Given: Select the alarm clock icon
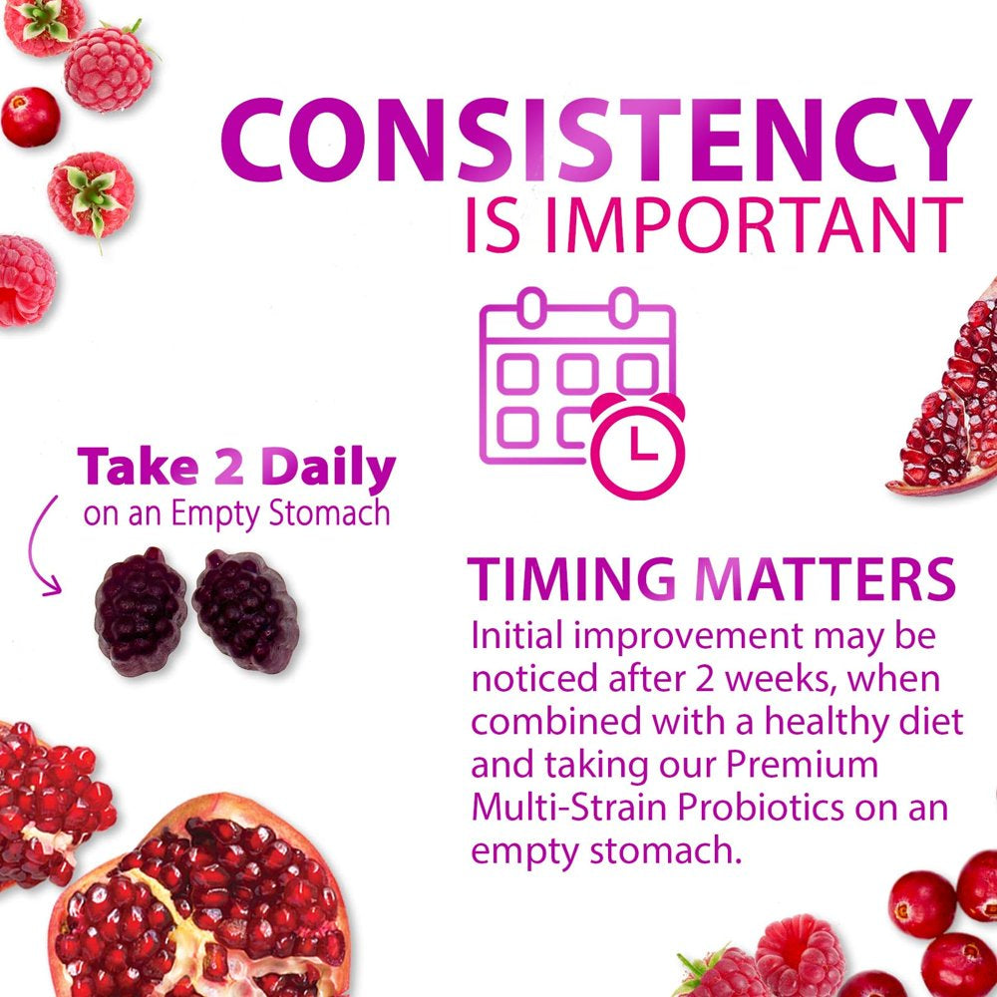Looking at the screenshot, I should (x=638, y=445).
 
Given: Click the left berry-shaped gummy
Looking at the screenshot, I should (x=141, y=610).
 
